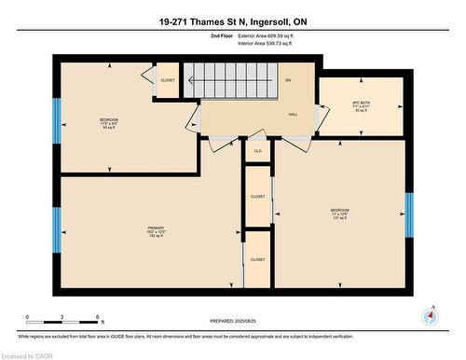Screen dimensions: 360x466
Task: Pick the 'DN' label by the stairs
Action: pyautogui.click(x=288, y=80)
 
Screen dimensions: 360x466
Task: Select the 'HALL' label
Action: pyautogui.click(x=293, y=114)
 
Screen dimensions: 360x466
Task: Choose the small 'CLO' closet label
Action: pyautogui.click(x=258, y=149)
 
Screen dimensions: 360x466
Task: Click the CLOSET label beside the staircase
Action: pyautogui.click(x=168, y=80)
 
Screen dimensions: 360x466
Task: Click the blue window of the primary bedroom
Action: pyautogui.click(x=57, y=230)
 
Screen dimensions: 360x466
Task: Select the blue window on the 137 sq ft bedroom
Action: pyautogui.click(x=408, y=215)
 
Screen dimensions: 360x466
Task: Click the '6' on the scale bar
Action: pyautogui.click(x=100, y=318)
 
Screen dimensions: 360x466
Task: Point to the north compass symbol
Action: pyautogui.click(x=429, y=315)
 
